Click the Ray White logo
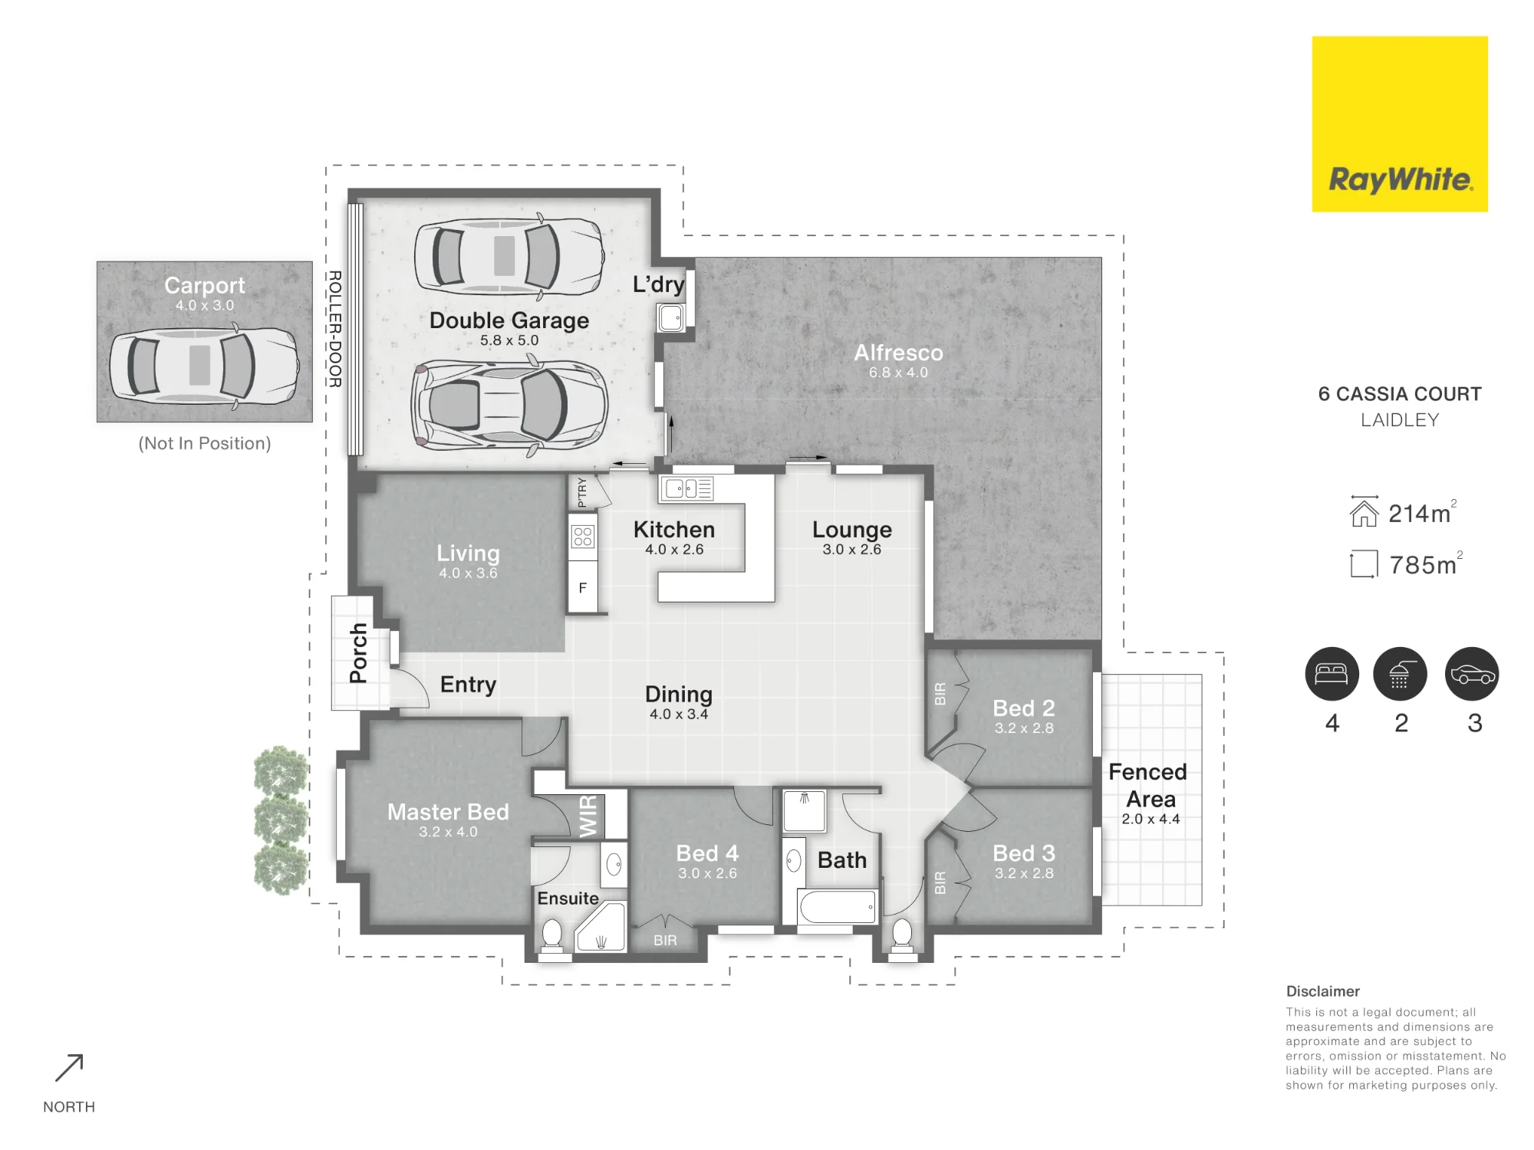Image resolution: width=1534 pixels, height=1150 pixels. [x=1400, y=123]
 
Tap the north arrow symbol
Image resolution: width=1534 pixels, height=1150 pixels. [x=69, y=1068]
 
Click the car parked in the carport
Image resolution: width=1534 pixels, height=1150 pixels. [x=204, y=365]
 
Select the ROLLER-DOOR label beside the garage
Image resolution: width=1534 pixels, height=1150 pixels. [x=335, y=329]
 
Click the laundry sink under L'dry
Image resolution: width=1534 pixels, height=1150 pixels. [x=670, y=317]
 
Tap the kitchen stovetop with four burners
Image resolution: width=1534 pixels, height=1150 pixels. [x=583, y=537]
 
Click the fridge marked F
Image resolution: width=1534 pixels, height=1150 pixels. [x=583, y=588]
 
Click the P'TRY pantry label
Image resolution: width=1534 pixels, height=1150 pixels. [x=582, y=492]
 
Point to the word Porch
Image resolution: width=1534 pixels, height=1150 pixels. [x=358, y=652]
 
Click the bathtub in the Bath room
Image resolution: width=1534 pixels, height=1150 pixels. [x=837, y=908]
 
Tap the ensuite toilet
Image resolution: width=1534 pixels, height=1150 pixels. [x=552, y=935]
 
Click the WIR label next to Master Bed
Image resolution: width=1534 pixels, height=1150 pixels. [x=588, y=816]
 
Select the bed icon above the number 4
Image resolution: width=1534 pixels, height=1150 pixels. [x=1332, y=674]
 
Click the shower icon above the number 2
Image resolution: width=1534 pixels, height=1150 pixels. [x=1400, y=674]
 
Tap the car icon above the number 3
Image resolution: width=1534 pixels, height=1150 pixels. [x=1472, y=674]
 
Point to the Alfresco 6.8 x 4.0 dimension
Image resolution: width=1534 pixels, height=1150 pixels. [x=898, y=373]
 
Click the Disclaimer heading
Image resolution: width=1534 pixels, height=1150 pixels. [x=1323, y=991]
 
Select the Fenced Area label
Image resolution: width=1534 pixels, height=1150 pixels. [x=1148, y=785]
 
